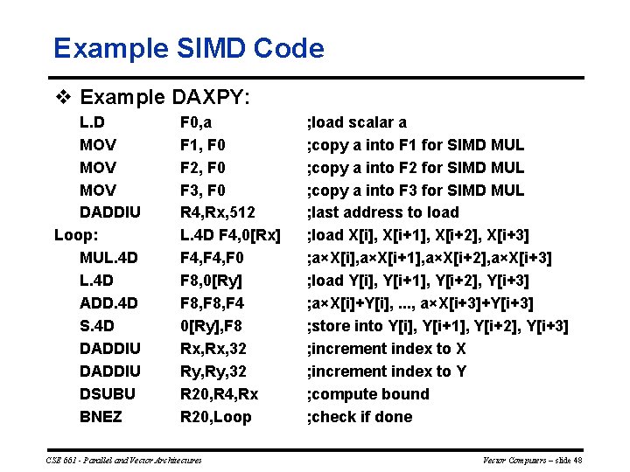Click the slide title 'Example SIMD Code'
(188, 48)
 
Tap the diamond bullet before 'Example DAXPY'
(61, 96)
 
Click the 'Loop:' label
(75, 235)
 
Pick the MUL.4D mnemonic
(108, 258)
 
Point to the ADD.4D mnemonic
(108, 303)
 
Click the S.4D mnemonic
(96, 326)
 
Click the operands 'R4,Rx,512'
(218, 212)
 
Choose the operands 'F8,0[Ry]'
(211, 281)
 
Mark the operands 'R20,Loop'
(215, 417)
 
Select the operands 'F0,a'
(196, 122)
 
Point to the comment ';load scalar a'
(356, 122)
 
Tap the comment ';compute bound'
(367, 394)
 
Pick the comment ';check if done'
(360, 417)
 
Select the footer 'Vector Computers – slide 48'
(533, 460)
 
